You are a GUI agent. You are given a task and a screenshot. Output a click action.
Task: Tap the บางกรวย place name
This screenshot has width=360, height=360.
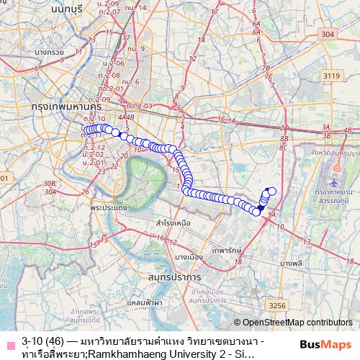coord(45,52)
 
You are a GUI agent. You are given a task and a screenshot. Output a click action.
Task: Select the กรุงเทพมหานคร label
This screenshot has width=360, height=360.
coord(64,105)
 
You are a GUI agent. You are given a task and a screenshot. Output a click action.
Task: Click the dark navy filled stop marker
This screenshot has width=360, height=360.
coord(261,207)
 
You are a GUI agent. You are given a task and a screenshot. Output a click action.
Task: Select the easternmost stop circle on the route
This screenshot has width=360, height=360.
coord(271,191)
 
